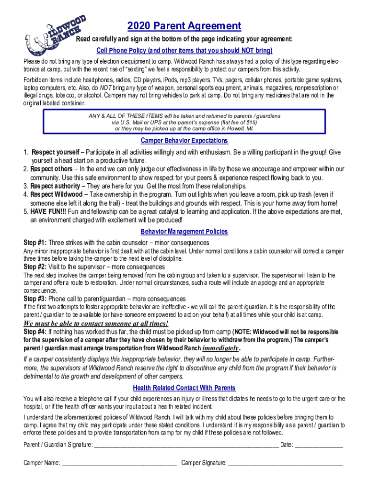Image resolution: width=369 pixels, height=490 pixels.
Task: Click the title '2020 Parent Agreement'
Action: (184, 26)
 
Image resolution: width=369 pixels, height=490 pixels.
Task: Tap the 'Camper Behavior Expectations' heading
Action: (184, 141)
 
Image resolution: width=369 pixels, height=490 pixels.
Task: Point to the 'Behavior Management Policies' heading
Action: (184, 232)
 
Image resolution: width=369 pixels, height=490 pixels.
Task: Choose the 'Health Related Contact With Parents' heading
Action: (184, 388)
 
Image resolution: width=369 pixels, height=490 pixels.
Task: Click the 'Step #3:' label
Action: (35, 299)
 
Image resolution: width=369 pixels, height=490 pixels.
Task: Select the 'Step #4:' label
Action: (35, 332)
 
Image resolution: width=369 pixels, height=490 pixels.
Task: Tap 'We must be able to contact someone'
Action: (96, 323)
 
